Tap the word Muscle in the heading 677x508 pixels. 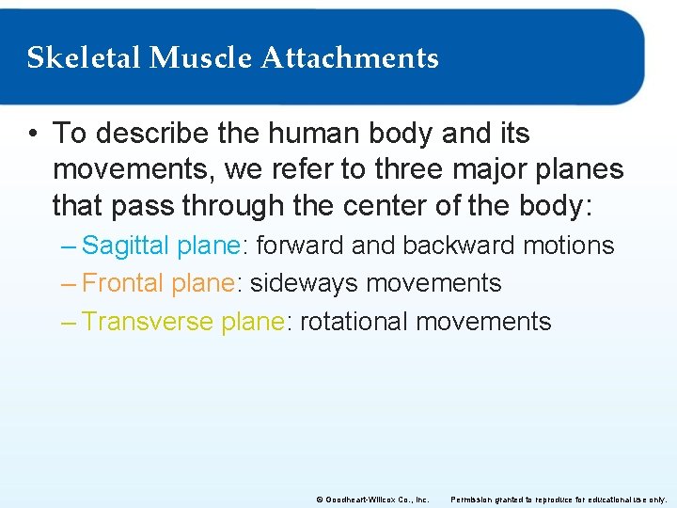click(x=200, y=58)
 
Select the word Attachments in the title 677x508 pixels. click(x=350, y=58)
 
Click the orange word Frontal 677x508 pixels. click(x=123, y=283)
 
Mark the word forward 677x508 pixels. click(x=300, y=246)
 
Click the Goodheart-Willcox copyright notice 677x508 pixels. click(x=373, y=500)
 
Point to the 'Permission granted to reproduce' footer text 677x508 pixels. click(x=559, y=500)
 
